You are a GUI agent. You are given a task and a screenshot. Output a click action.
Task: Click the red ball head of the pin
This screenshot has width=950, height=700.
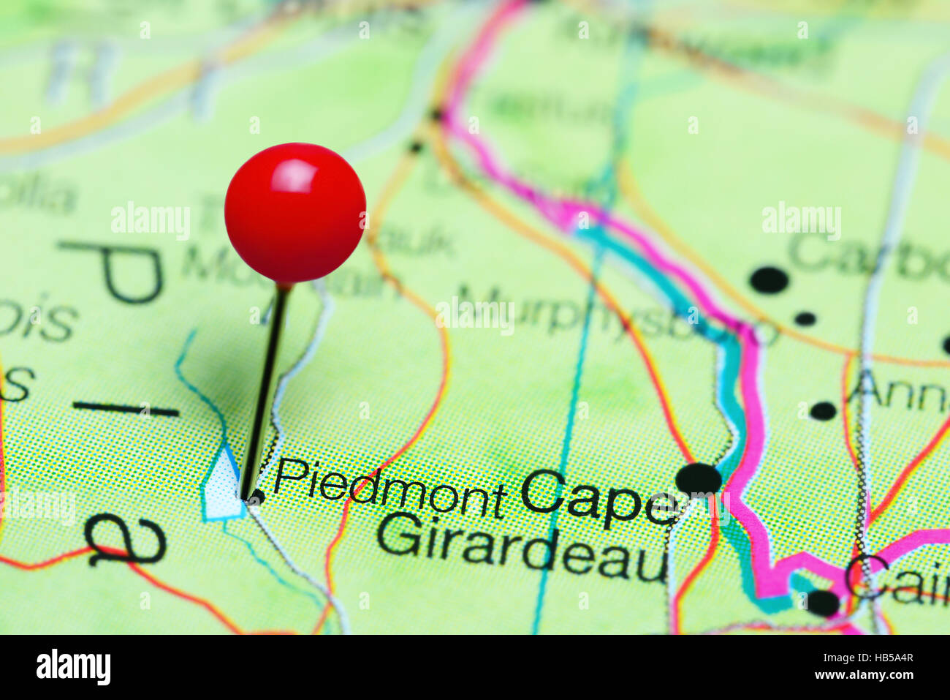tap(294, 212)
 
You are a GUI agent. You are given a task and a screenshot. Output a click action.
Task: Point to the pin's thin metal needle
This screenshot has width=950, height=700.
tap(265, 388)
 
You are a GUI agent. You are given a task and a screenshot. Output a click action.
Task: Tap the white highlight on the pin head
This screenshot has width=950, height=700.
tap(293, 176)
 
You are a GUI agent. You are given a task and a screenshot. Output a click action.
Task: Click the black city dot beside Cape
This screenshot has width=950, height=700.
tap(698, 479)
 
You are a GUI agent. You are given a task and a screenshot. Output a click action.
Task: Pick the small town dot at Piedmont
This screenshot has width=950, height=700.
tap(256, 497)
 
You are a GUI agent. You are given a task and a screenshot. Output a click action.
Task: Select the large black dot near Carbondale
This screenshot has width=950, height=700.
tap(769, 279)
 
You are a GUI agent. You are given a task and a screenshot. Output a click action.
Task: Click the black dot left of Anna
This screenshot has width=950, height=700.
tap(823, 410)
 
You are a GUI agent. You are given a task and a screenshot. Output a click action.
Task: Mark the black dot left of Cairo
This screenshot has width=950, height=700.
tap(823, 602)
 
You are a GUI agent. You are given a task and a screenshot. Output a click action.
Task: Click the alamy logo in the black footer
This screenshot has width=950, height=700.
tap(73, 666)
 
